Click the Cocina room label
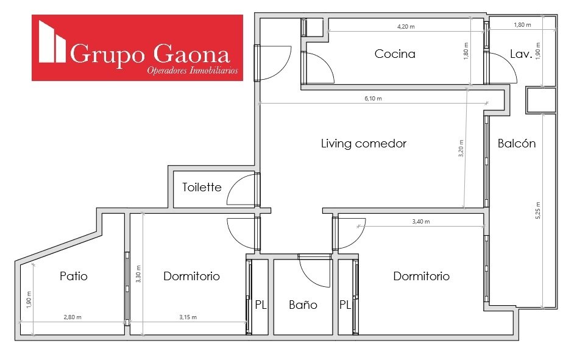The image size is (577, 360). coord(395,54)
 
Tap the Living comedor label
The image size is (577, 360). coord(364,143)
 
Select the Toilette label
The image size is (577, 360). coord(202,187)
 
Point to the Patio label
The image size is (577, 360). coord(74,276)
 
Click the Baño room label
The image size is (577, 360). coord(303,305)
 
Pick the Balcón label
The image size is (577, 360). coord(517,143)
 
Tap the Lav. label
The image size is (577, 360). coord(521,54)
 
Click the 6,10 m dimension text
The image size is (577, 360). coord(373,99)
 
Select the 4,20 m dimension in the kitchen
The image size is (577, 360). coord(406,26)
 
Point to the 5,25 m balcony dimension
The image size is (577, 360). coord(538,210)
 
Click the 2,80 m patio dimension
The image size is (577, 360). coord(73,317)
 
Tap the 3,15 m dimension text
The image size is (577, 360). coord(188,317)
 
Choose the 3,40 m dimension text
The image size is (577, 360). coord(421,221)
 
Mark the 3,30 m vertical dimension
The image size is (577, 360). coord(138,274)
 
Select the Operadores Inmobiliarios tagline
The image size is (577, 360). coord(193,70)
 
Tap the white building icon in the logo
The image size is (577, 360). coord(52,41)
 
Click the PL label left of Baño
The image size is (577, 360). coord(261,305)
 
